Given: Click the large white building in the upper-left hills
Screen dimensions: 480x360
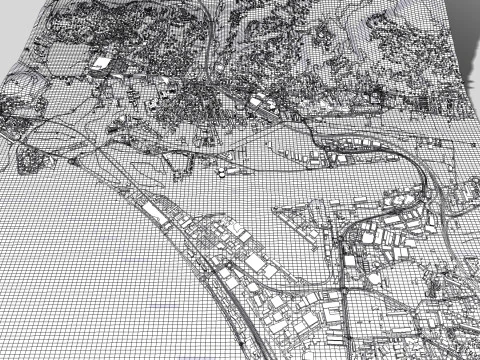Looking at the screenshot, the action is click(102, 63).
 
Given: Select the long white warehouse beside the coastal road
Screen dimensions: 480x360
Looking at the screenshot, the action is click(158, 212).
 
